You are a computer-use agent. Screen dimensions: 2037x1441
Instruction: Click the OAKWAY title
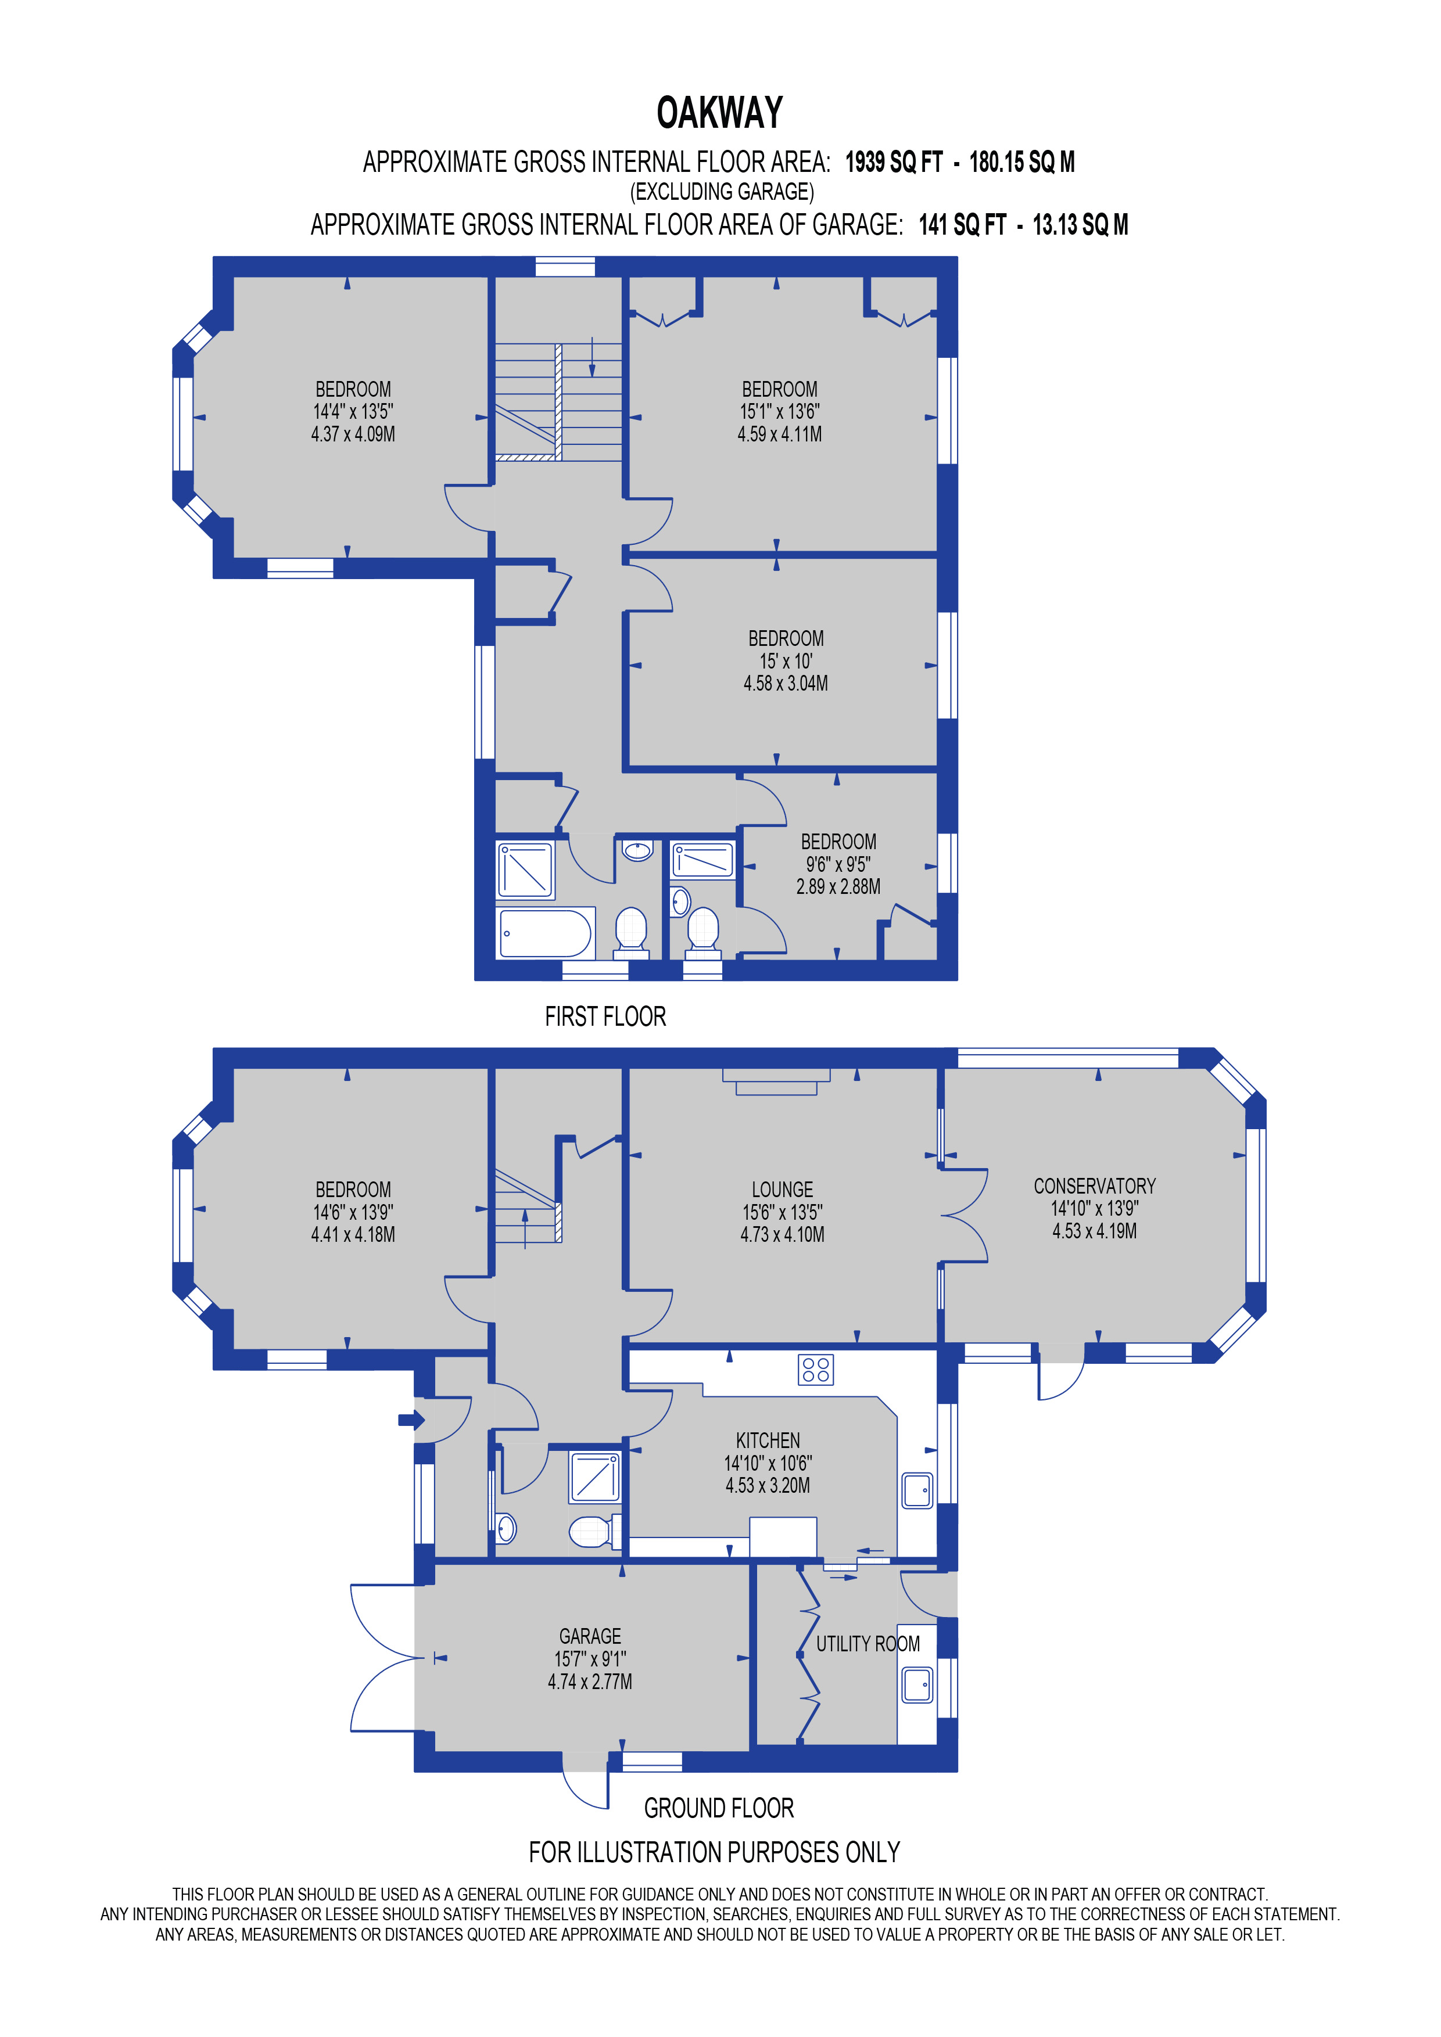[719, 114]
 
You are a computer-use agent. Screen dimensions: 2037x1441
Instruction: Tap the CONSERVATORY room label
[1094, 1186]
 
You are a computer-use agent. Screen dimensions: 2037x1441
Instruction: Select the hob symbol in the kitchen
[815, 1370]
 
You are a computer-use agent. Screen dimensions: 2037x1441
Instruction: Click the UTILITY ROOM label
[867, 1644]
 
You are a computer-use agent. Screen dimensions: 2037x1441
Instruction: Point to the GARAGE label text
[590, 1636]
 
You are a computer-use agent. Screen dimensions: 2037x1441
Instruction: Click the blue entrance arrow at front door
[411, 1420]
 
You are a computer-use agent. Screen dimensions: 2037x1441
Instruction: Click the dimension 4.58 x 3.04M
[785, 683]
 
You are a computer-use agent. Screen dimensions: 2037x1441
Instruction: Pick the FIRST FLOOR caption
[605, 1016]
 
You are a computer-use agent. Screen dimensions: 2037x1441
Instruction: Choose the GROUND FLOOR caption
[719, 1808]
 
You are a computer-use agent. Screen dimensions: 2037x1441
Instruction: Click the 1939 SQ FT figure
[894, 163]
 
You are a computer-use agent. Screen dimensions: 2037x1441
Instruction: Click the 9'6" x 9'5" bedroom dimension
[838, 864]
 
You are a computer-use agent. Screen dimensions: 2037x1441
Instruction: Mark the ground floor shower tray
[594, 1476]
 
